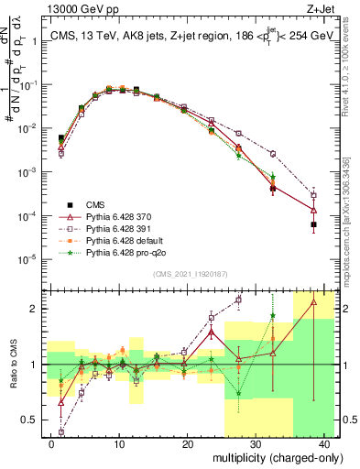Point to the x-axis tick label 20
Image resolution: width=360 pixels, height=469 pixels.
187,443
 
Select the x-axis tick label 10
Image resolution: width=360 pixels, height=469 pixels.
119,443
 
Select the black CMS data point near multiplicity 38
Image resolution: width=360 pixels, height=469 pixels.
314,224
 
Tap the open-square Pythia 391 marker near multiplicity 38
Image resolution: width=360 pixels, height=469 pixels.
314,195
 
